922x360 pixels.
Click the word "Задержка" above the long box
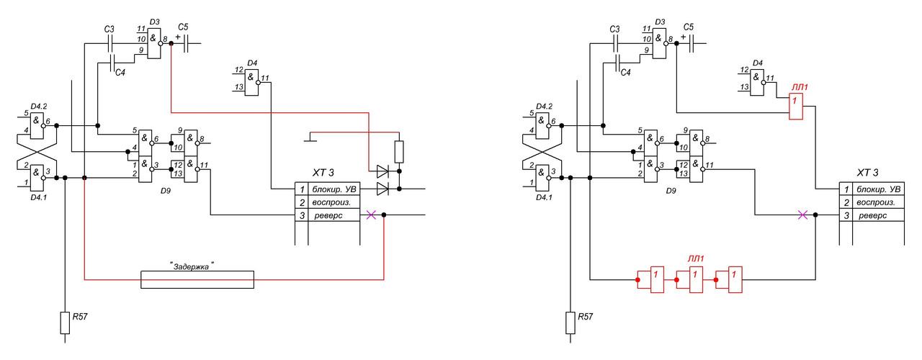click(x=192, y=266)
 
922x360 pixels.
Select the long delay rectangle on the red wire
click(x=197, y=280)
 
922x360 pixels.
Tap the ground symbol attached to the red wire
click(x=310, y=137)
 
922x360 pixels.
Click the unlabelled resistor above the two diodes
click(x=399, y=152)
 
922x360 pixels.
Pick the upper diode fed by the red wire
click(x=382, y=171)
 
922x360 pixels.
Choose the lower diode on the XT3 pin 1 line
click(x=382, y=189)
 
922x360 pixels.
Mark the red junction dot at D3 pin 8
click(x=171, y=43)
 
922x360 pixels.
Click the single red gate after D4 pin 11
click(x=796, y=106)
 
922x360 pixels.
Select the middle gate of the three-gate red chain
click(x=696, y=280)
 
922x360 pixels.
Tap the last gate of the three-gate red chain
click(x=735, y=280)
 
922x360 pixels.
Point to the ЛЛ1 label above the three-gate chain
click(x=696, y=258)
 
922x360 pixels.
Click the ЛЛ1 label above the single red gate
click(x=800, y=87)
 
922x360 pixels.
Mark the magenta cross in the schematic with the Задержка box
click(x=371, y=215)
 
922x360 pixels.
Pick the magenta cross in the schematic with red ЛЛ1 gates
click(x=802, y=215)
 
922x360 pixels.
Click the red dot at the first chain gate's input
click(x=637, y=280)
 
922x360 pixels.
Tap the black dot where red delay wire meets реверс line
click(x=384, y=215)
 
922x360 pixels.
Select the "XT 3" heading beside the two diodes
click(x=323, y=172)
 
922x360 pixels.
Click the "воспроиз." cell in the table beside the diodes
click(x=331, y=202)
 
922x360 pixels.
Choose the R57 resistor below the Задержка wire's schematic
click(x=65, y=323)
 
